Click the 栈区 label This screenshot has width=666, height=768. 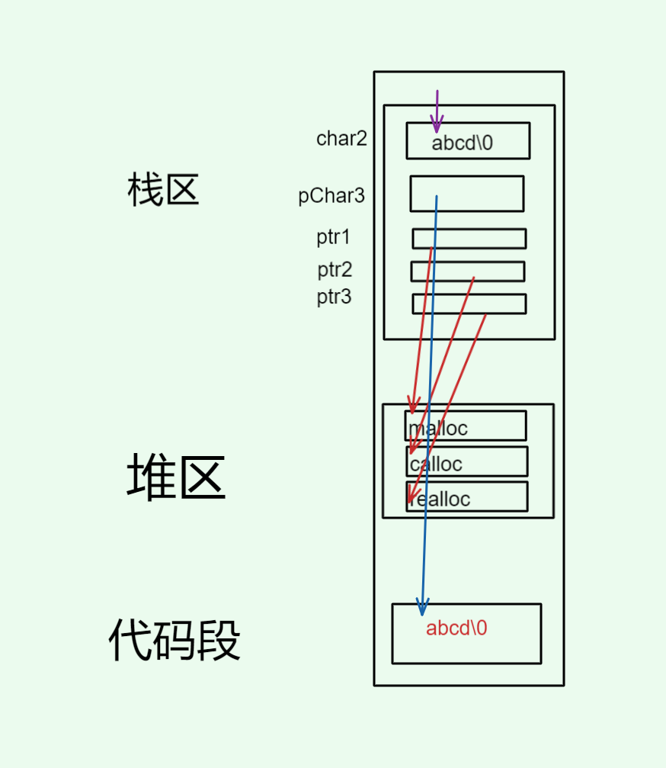click(x=163, y=190)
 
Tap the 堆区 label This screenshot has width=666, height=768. click(x=176, y=477)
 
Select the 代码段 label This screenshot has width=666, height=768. click(x=175, y=641)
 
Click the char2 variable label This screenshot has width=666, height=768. click(x=341, y=139)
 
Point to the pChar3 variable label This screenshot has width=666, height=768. click(x=331, y=196)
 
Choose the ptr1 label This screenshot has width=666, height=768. click(x=334, y=237)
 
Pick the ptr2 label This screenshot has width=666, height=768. click(x=335, y=270)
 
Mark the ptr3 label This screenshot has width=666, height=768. click(x=334, y=297)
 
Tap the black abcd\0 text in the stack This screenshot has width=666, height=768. click(x=463, y=143)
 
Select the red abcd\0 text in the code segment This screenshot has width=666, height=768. click(x=456, y=628)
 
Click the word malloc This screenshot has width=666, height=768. click(x=438, y=428)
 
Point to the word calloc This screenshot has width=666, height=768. click(x=436, y=464)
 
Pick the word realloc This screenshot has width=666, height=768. click(x=440, y=500)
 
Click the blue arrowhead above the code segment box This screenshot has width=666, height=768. click(x=422, y=606)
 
